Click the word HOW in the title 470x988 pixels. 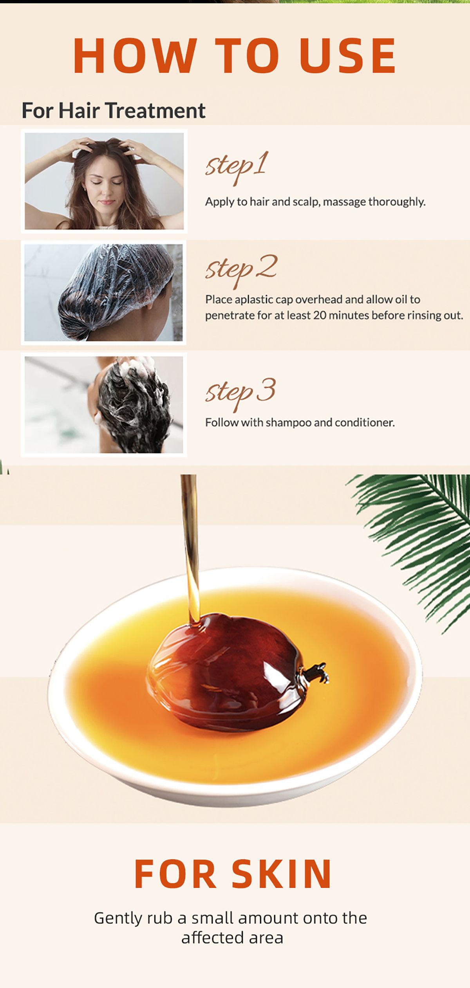134,56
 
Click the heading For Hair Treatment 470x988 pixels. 113,110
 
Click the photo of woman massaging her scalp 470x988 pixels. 104,181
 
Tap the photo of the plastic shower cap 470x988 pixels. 103,292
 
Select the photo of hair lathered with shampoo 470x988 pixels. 104,405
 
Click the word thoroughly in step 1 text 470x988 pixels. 396,202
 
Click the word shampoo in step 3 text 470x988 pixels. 289,423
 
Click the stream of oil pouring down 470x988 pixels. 190,548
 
